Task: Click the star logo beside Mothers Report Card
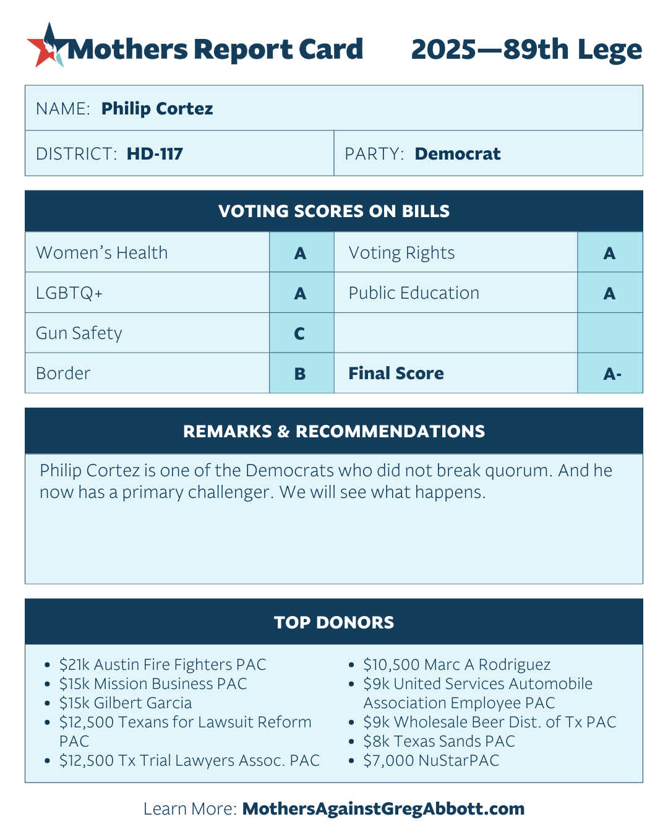[45, 46]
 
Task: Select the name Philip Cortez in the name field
[157, 109]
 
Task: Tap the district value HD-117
[155, 154]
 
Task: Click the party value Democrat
[457, 154]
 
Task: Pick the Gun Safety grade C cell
[300, 334]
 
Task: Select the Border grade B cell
[300, 374]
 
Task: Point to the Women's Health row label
[102, 253]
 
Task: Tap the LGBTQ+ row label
[69, 293]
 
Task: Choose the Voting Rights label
[401, 253]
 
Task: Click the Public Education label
[414, 293]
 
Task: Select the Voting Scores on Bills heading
[334, 212]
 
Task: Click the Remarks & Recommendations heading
[334, 432]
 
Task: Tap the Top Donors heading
[334, 622]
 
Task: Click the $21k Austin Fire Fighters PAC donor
[163, 665]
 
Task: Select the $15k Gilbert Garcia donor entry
[126, 703]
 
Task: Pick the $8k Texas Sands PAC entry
[439, 742]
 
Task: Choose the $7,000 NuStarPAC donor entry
[431, 761]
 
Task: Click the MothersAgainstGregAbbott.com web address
[383, 809]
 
